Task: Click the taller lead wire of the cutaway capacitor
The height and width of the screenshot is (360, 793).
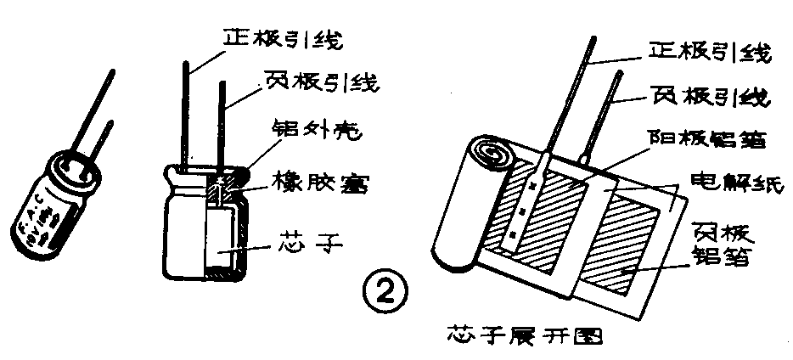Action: point(187,110)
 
